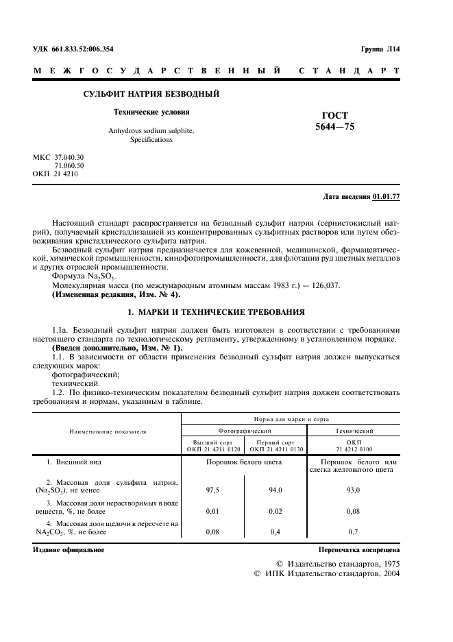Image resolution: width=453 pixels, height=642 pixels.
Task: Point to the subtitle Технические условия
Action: pyautogui.click(x=151, y=112)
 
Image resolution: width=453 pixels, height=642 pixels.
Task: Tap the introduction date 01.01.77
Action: pyautogui.click(x=387, y=197)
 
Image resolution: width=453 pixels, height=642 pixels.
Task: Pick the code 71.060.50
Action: pyautogui.click(x=69, y=165)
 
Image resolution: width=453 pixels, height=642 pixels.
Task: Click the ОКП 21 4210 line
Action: pyautogui.click(x=56, y=174)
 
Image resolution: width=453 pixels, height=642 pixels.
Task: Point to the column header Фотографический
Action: pyautogui.click(x=243, y=431)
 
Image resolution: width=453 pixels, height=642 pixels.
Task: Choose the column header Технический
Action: pyautogui.click(x=354, y=431)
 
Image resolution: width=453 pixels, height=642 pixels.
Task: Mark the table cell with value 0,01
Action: pyautogui.click(x=212, y=511)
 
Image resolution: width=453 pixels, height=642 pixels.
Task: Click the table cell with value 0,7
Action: pyautogui.click(x=354, y=532)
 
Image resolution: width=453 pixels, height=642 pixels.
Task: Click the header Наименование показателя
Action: pyautogui.click(x=108, y=431)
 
